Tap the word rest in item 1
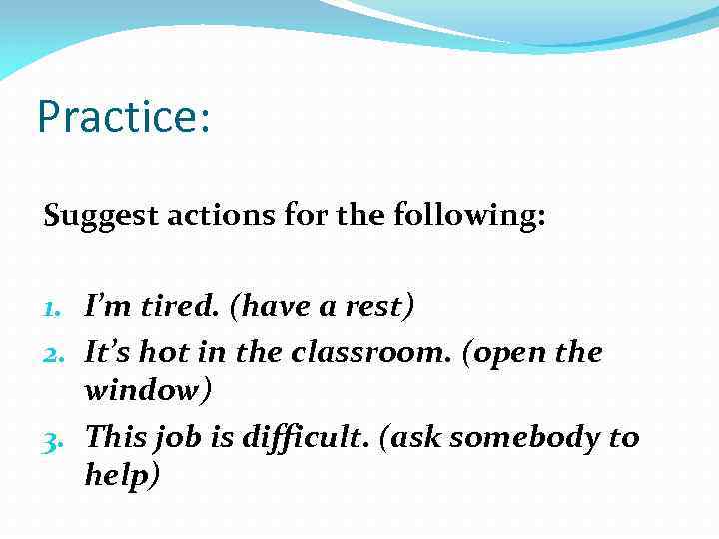click(x=374, y=306)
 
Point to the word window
click(x=144, y=390)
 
